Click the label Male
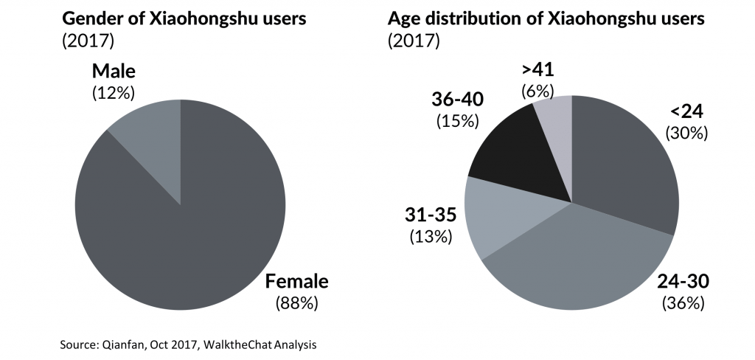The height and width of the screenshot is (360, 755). click(114, 72)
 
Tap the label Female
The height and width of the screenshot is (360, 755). click(297, 281)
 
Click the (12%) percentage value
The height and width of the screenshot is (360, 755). click(114, 94)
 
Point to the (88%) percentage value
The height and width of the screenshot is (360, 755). click(297, 302)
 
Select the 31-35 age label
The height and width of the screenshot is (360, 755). click(431, 215)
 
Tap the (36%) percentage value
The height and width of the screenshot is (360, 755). click(683, 302)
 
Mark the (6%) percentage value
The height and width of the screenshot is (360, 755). click(537, 91)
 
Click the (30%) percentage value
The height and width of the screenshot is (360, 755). click(686, 133)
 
